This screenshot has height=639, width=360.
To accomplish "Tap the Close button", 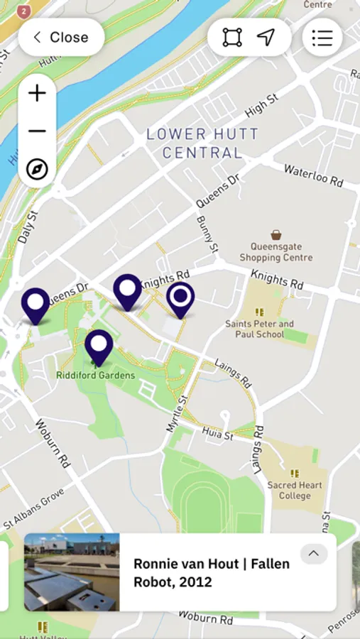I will tap(61, 38).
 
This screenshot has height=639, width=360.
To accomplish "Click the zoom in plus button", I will tap(37, 93).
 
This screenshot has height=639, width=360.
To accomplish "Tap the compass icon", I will tap(37, 169).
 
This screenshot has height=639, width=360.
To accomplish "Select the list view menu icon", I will tap(322, 38).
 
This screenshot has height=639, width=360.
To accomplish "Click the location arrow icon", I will tap(266, 38).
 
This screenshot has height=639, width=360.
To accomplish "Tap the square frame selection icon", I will tap(232, 38).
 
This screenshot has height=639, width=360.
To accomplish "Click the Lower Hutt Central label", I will tap(202, 143).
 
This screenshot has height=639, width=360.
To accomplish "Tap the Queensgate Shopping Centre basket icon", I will tap(276, 235).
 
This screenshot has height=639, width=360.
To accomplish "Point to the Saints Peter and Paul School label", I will tap(259, 329).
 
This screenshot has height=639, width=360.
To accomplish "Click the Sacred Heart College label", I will tap(295, 490).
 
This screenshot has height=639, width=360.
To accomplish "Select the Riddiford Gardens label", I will tap(96, 375).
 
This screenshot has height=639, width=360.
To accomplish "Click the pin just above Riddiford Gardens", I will tap(99, 346).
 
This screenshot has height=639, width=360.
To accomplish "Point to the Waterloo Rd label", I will tap(313, 175).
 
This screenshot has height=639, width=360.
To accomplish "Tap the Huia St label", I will tap(217, 434).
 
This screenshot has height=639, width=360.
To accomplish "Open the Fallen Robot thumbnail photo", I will tap(72, 572).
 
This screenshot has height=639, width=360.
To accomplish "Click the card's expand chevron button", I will tap(313, 554).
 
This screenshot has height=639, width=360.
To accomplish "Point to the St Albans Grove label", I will tap(33, 508).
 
